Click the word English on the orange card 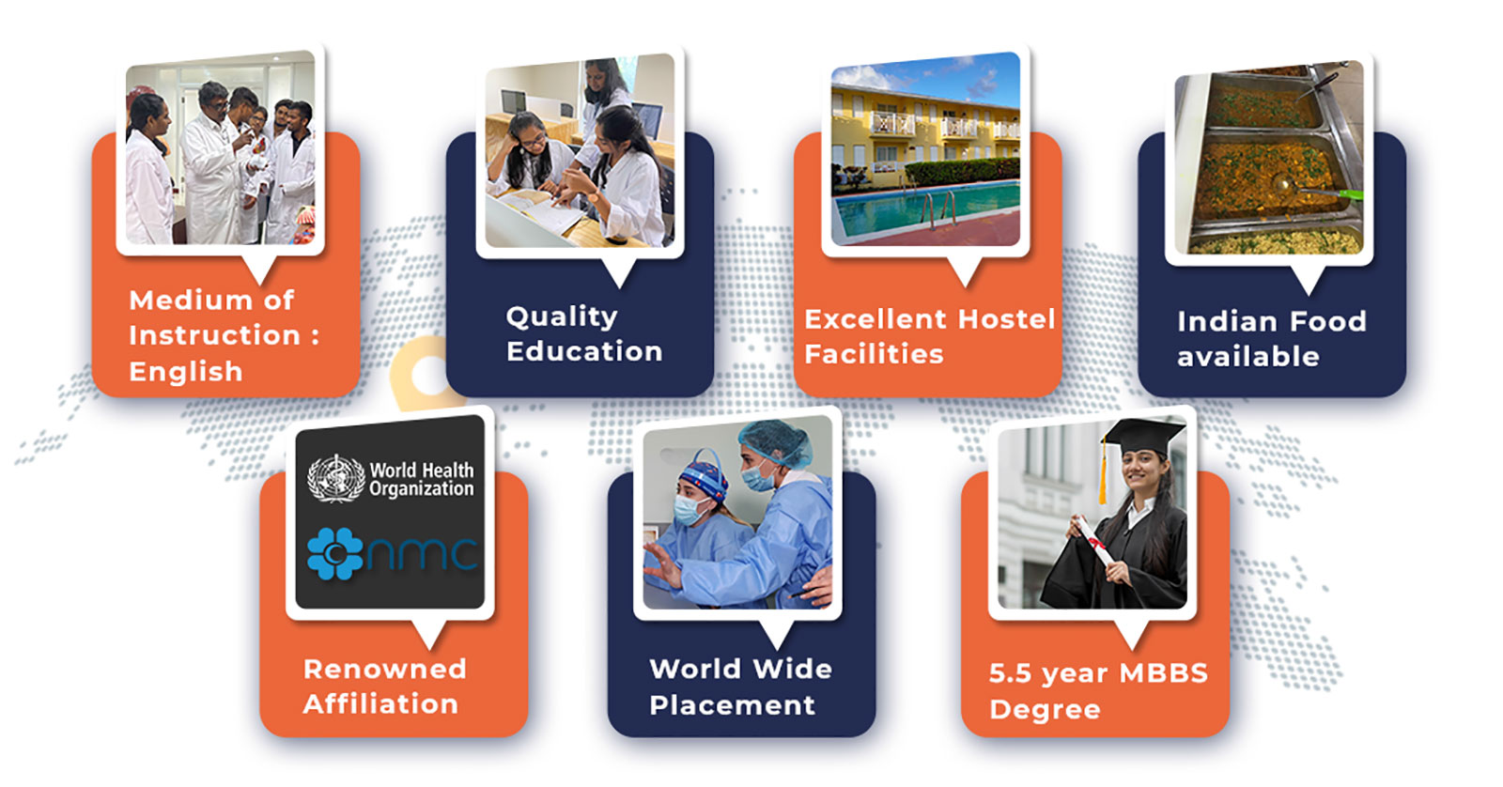(x=186, y=372)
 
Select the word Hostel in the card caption (x=1007, y=319)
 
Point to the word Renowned (x=384, y=669)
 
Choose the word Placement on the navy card (x=732, y=705)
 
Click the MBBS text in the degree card (x=1164, y=673)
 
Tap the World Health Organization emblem (x=335, y=478)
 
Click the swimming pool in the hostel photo (x=926, y=208)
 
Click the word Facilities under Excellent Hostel (x=874, y=354)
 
